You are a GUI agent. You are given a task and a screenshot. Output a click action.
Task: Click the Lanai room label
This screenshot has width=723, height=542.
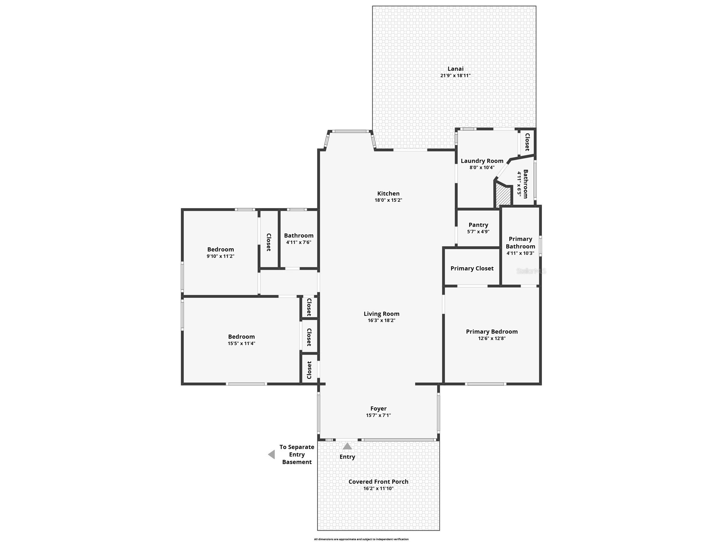(455, 69)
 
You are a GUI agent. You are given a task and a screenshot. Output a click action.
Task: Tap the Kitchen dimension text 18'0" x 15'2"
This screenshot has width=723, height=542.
(388, 200)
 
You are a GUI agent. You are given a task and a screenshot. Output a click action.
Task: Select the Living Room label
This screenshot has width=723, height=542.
(381, 314)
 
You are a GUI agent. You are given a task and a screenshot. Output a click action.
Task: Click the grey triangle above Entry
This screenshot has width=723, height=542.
(347, 446)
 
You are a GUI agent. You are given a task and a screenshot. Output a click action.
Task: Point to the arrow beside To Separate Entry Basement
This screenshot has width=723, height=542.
(271, 454)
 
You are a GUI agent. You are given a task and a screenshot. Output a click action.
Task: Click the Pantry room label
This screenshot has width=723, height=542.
(478, 225)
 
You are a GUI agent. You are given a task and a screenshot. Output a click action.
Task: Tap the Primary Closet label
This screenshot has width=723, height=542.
(472, 268)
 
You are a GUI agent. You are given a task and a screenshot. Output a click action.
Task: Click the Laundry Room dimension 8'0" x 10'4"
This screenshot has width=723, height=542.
(482, 168)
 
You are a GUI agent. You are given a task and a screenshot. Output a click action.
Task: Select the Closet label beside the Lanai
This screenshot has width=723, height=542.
(527, 142)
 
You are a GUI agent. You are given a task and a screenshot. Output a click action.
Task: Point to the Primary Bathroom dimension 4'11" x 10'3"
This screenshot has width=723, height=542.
(521, 253)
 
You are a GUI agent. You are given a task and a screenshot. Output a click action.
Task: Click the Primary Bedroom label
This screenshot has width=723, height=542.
(492, 331)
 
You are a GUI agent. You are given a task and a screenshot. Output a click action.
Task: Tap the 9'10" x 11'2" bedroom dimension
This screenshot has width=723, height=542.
(220, 256)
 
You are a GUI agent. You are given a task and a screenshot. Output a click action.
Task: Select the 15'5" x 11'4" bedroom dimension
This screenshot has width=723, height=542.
(241, 343)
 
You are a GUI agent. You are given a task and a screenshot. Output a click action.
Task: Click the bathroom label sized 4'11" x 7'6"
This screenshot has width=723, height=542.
(299, 235)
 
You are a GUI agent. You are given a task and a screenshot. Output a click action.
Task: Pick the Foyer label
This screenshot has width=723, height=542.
(378, 408)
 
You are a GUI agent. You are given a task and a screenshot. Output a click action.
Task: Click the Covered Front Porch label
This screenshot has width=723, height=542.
(378, 482)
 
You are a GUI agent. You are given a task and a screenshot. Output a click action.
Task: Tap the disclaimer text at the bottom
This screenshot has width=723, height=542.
(361, 539)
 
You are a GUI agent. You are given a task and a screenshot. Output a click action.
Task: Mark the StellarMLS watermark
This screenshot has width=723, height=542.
(531, 271)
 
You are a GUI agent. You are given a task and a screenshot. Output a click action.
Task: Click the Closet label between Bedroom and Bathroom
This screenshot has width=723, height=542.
(269, 242)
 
